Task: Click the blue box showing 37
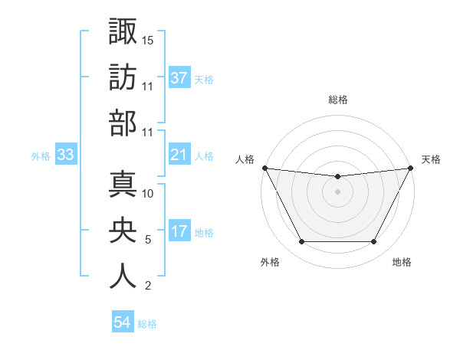click(179, 78)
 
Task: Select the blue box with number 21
click(179, 155)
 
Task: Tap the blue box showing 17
click(179, 232)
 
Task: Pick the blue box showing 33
click(66, 155)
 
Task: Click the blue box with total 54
click(123, 322)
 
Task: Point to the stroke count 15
click(149, 40)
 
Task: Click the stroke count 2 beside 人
click(148, 286)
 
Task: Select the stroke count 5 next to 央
click(148, 240)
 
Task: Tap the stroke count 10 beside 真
click(149, 193)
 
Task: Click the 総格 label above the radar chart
click(337, 100)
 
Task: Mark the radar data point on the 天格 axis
click(411, 168)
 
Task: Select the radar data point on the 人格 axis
click(264, 168)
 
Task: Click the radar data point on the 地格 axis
click(373, 242)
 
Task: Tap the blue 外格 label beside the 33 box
click(41, 156)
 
